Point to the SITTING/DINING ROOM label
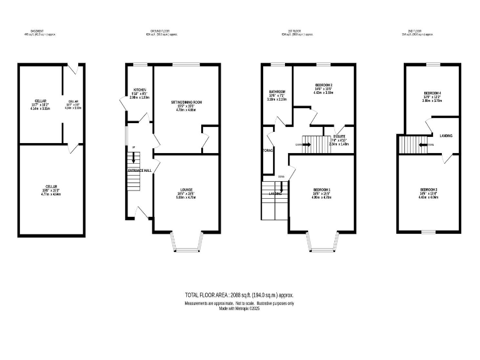click(x=187, y=102)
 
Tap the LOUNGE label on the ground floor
click(x=186, y=189)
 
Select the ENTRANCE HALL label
click(x=140, y=171)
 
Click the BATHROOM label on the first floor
click(x=277, y=91)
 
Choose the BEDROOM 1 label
click(x=321, y=189)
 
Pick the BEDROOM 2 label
click(x=323, y=85)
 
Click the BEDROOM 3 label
click(x=428, y=189)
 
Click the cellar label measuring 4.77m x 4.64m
click(x=51, y=189)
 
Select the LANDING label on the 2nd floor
click(x=446, y=136)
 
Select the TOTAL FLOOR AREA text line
click(x=239, y=294)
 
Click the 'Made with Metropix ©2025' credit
click(x=239, y=308)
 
